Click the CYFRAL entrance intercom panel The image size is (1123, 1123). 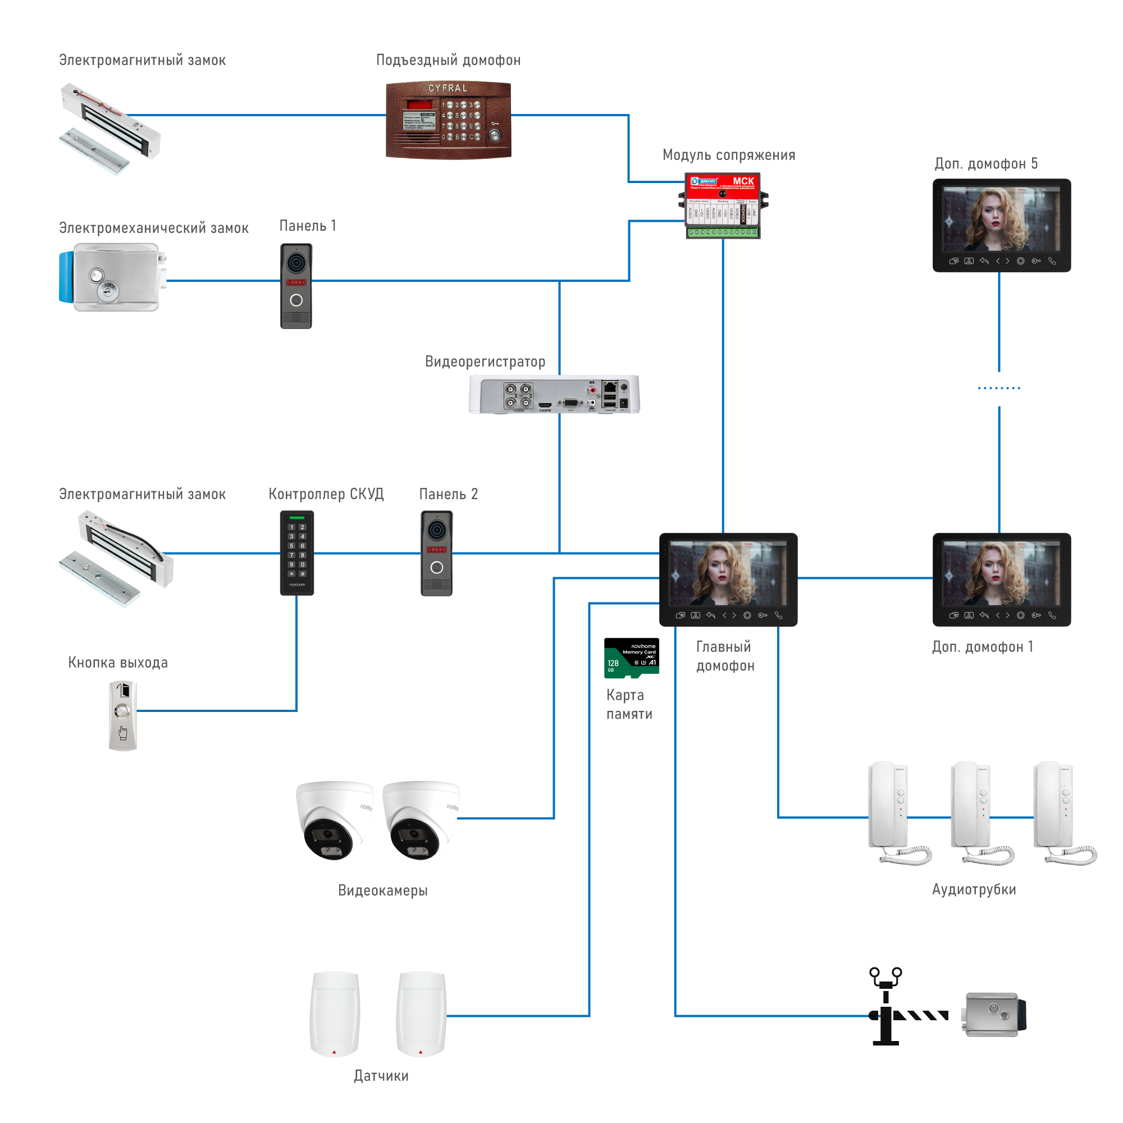(x=448, y=120)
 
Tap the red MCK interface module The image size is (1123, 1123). (x=723, y=205)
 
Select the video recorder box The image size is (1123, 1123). (x=554, y=394)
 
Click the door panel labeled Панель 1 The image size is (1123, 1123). (x=296, y=285)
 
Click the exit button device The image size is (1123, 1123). (x=122, y=715)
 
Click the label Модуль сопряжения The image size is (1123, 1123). (x=729, y=155)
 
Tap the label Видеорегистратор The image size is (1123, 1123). (x=485, y=362)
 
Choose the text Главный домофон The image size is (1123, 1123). (x=725, y=656)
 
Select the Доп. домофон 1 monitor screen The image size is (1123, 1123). (x=1001, y=574)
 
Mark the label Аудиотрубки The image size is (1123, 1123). (x=974, y=889)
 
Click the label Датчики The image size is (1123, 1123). (x=381, y=1076)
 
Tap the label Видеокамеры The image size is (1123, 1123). (x=382, y=891)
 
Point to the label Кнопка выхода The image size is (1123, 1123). (x=118, y=663)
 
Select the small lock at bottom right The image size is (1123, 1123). (x=992, y=1015)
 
